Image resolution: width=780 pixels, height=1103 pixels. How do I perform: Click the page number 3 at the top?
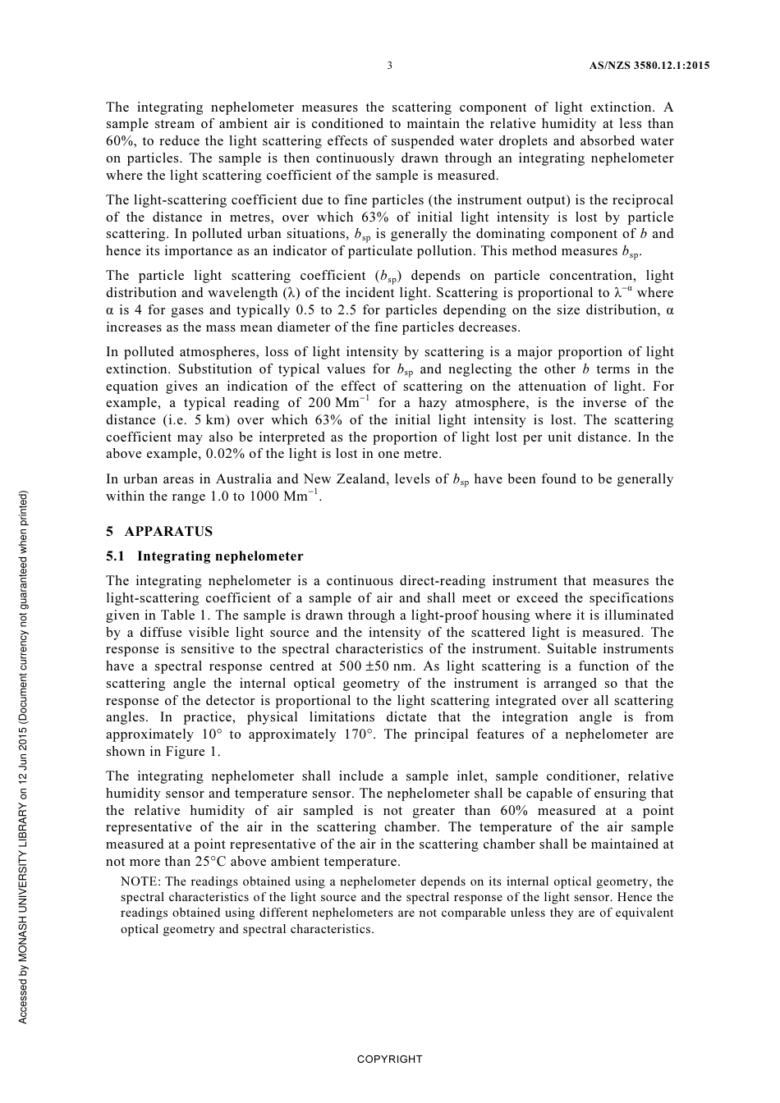coord(389,66)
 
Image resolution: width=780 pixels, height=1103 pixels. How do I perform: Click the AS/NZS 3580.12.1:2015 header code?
coord(649,66)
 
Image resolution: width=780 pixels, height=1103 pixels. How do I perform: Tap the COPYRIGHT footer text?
coord(389,1060)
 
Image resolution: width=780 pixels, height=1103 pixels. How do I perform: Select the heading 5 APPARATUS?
coord(159,531)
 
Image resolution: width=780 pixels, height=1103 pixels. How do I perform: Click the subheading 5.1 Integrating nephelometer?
coord(204,556)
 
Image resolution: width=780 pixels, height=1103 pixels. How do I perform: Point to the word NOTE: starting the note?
coord(140,881)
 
